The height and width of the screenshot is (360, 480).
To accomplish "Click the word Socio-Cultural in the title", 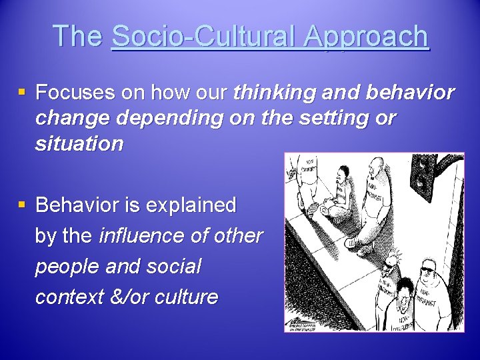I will coord(203,36).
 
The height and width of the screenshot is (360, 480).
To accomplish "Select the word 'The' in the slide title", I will coord(79,36).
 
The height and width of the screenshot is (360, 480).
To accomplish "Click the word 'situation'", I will coord(79,144).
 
